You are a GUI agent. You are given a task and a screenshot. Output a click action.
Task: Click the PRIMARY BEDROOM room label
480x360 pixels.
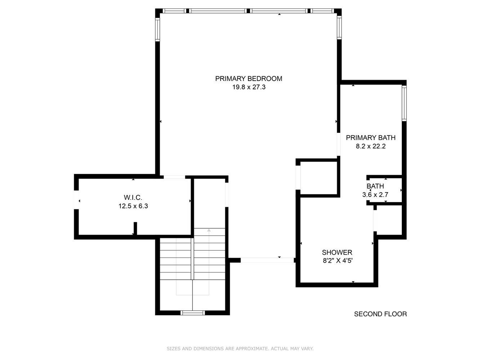tap(249, 78)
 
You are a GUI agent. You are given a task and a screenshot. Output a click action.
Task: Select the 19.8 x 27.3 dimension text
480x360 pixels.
tap(249, 87)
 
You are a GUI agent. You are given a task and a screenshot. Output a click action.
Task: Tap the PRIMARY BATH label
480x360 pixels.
tap(370, 138)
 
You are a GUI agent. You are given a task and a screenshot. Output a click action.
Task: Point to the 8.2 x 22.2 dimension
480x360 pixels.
tap(370, 146)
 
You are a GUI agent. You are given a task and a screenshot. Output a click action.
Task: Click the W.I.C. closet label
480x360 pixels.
tap(133, 197)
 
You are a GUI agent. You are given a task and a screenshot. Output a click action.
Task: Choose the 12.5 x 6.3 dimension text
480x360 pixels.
tap(133, 206)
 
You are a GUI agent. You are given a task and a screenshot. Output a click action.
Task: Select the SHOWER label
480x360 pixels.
tap(337, 252)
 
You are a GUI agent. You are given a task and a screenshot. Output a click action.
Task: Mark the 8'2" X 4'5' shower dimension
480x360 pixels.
tap(337, 261)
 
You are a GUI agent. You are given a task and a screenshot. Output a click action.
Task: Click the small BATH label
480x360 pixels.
tap(375, 186)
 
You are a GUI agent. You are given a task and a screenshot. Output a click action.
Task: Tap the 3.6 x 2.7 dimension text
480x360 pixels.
tap(375, 195)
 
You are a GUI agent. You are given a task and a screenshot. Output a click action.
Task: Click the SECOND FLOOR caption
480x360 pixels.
tap(380, 314)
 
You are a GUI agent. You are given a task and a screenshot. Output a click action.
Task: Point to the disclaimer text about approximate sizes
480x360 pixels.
tap(240, 348)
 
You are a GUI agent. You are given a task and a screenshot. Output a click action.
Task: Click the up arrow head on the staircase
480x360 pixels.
tap(209, 230)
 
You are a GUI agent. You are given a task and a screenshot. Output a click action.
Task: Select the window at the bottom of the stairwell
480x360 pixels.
tap(193, 312)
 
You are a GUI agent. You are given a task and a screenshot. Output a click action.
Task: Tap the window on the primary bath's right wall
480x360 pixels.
tap(404, 103)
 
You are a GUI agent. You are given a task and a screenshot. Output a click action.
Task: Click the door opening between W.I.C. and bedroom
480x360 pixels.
tap(174, 177)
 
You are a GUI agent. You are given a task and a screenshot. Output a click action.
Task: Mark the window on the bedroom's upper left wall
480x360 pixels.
tap(157, 29)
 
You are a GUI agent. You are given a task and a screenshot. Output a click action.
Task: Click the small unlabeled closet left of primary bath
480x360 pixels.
tap(319, 177)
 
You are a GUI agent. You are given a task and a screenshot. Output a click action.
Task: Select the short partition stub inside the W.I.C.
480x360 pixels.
tap(135, 228)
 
